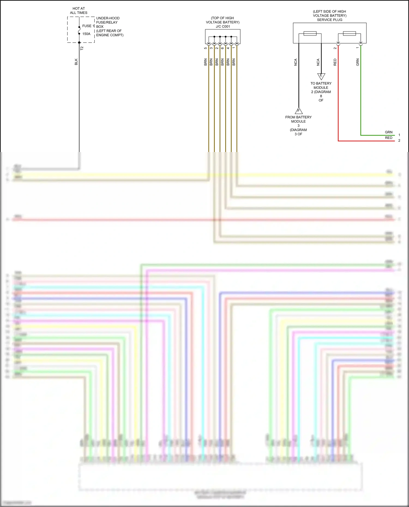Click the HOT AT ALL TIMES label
click(x=79, y=11)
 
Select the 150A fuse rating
click(x=86, y=34)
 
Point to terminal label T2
click(x=82, y=48)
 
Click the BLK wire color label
click(x=76, y=62)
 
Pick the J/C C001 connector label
click(x=223, y=26)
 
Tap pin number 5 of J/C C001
click(x=206, y=48)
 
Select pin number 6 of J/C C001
click(x=222, y=48)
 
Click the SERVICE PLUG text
click(x=329, y=20)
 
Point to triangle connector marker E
click(x=321, y=76)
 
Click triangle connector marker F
click(x=299, y=111)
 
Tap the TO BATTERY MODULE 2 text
click(x=321, y=88)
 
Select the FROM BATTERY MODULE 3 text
click(x=298, y=121)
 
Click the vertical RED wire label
click(x=335, y=62)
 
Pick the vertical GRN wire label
click(x=357, y=62)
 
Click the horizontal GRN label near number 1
click(x=389, y=132)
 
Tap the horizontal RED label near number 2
click(x=389, y=138)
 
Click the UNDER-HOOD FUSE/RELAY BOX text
click(x=108, y=22)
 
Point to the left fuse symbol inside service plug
click(x=310, y=34)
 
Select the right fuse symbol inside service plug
click(x=349, y=34)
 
